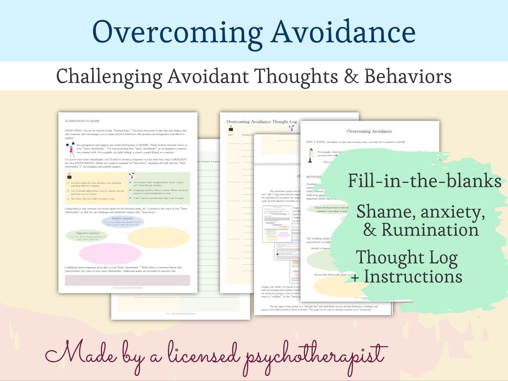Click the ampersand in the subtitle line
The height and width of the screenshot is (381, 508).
(345, 76)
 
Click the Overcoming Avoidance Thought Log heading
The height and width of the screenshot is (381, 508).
(262, 122)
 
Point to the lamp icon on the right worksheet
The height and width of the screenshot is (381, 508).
(310, 154)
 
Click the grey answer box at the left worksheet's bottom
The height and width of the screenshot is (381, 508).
(127, 280)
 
